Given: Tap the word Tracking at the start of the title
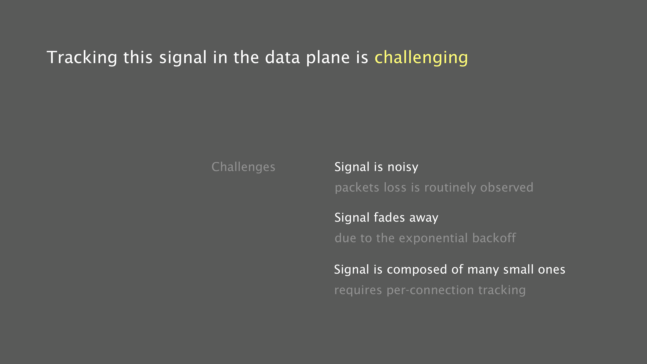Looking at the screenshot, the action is coord(82,58).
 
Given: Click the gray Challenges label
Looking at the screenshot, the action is coord(243,167).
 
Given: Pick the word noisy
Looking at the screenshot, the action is coord(403,167).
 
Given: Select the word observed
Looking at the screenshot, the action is coord(507,187).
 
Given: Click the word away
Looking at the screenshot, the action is coord(424,218).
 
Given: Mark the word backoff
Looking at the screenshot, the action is coord(494,238).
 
